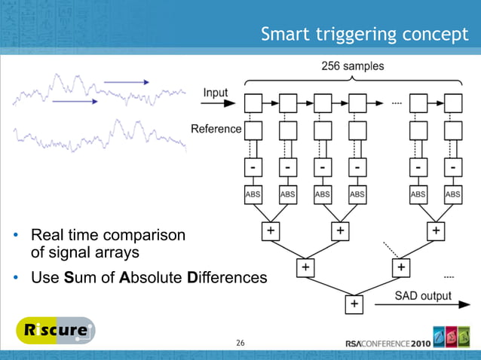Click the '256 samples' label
pyautogui.click(x=352, y=67)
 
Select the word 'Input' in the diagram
pyautogui.click(x=216, y=93)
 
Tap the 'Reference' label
pyautogui.click(x=216, y=129)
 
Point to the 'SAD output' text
pyautogui.click(x=423, y=295)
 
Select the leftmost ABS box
pyautogui.click(x=253, y=194)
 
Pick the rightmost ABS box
pyautogui.click(x=452, y=194)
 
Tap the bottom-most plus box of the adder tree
pyautogui.click(x=353, y=304)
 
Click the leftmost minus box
pyautogui.click(x=253, y=164)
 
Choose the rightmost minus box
pyautogui.click(x=452, y=164)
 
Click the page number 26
pyautogui.click(x=240, y=343)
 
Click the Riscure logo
pyautogui.click(x=56, y=331)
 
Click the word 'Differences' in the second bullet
pyautogui.click(x=227, y=278)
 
